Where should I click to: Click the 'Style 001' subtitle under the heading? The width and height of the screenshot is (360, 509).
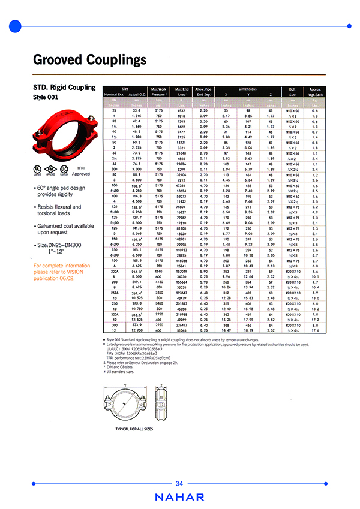coord(47,97)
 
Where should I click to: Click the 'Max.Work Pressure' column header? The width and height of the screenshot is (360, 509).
coord(158,91)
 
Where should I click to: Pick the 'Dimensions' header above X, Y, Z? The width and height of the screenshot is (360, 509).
coord(246,88)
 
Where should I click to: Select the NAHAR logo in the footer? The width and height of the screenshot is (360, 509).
coord(179,497)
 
